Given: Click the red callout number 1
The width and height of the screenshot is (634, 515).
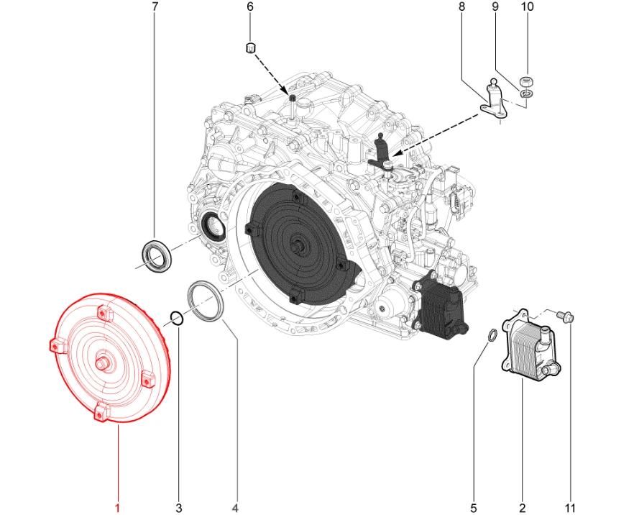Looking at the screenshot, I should point(117,508).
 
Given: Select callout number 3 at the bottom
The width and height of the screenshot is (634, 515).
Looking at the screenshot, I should point(179,508).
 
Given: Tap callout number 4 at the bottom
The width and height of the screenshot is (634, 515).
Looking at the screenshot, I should point(235,508).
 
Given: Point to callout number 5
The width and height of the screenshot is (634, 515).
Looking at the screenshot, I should point(474,508).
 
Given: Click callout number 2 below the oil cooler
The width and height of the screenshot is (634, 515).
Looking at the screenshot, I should point(523,508).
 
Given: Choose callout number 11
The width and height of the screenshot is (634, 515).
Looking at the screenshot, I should point(570,508).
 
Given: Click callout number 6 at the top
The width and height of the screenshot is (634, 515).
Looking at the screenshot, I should point(250,7).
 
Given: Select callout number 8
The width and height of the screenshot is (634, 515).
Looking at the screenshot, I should point(461,7).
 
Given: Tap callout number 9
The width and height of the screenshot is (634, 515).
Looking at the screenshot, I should point(495,7).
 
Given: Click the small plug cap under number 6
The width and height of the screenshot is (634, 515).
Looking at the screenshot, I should point(251,47).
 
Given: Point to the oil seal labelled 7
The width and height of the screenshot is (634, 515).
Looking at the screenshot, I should point(155,257).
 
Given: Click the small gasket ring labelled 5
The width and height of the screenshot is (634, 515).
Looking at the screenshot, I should point(490,335).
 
